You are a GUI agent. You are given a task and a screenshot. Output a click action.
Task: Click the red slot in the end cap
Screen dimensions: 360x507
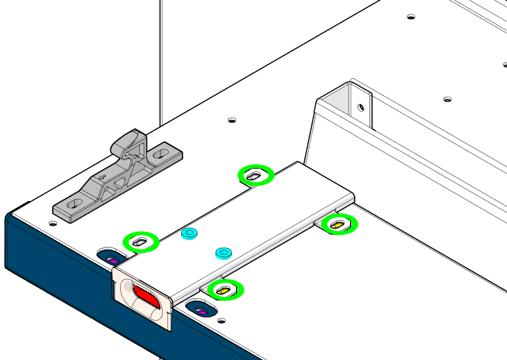click(x=146, y=296)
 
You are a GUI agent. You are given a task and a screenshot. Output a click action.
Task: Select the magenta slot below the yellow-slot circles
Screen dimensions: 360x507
click(x=202, y=312)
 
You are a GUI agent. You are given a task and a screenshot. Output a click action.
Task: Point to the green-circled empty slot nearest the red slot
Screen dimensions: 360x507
click(x=140, y=241)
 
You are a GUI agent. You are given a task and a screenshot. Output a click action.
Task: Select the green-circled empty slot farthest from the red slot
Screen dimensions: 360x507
click(x=255, y=176)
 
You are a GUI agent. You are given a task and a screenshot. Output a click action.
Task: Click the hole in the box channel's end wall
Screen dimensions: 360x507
click(x=360, y=107)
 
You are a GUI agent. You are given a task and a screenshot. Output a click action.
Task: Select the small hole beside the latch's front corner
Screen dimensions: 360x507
click(x=53, y=222)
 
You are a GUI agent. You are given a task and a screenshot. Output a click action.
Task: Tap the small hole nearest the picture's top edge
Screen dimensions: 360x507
click(x=410, y=16)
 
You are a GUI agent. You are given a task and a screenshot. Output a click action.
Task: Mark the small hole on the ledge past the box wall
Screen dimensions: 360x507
click(x=447, y=100)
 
